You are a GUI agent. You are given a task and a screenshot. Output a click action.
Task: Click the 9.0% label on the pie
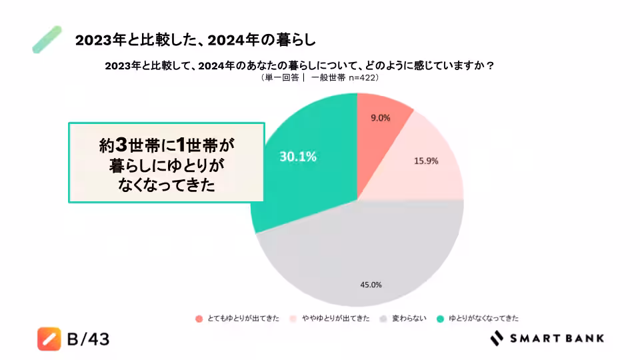click(380, 118)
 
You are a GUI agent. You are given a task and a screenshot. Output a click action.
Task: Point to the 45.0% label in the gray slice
click(371, 285)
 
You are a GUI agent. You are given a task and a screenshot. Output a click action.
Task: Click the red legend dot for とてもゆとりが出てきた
click(199, 319)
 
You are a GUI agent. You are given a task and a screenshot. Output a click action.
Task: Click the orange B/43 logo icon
click(49, 339)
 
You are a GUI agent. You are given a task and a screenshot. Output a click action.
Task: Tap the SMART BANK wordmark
click(557, 338)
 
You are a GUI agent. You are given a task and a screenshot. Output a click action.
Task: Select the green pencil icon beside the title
click(47, 39)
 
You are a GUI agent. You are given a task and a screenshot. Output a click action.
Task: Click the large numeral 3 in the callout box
click(121, 145)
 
